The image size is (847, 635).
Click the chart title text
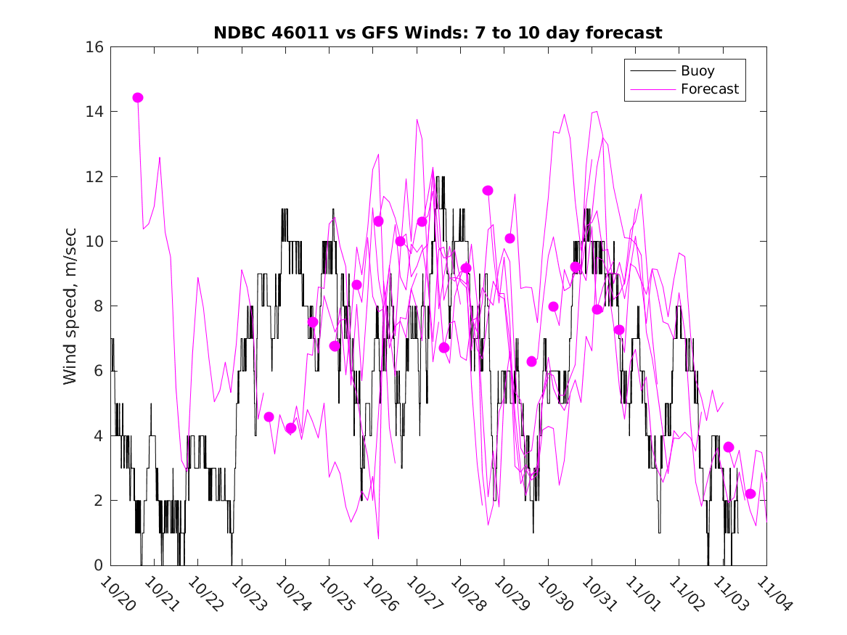click(x=438, y=33)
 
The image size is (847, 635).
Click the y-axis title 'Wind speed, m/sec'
click(x=70, y=306)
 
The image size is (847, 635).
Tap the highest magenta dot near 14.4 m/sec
click(x=138, y=98)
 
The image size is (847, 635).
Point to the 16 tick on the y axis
click(x=96, y=47)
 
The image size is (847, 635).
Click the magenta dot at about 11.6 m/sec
click(x=488, y=190)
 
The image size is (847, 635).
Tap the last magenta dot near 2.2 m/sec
click(x=750, y=494)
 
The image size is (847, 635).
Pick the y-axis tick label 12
click(x=96, y=176)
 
